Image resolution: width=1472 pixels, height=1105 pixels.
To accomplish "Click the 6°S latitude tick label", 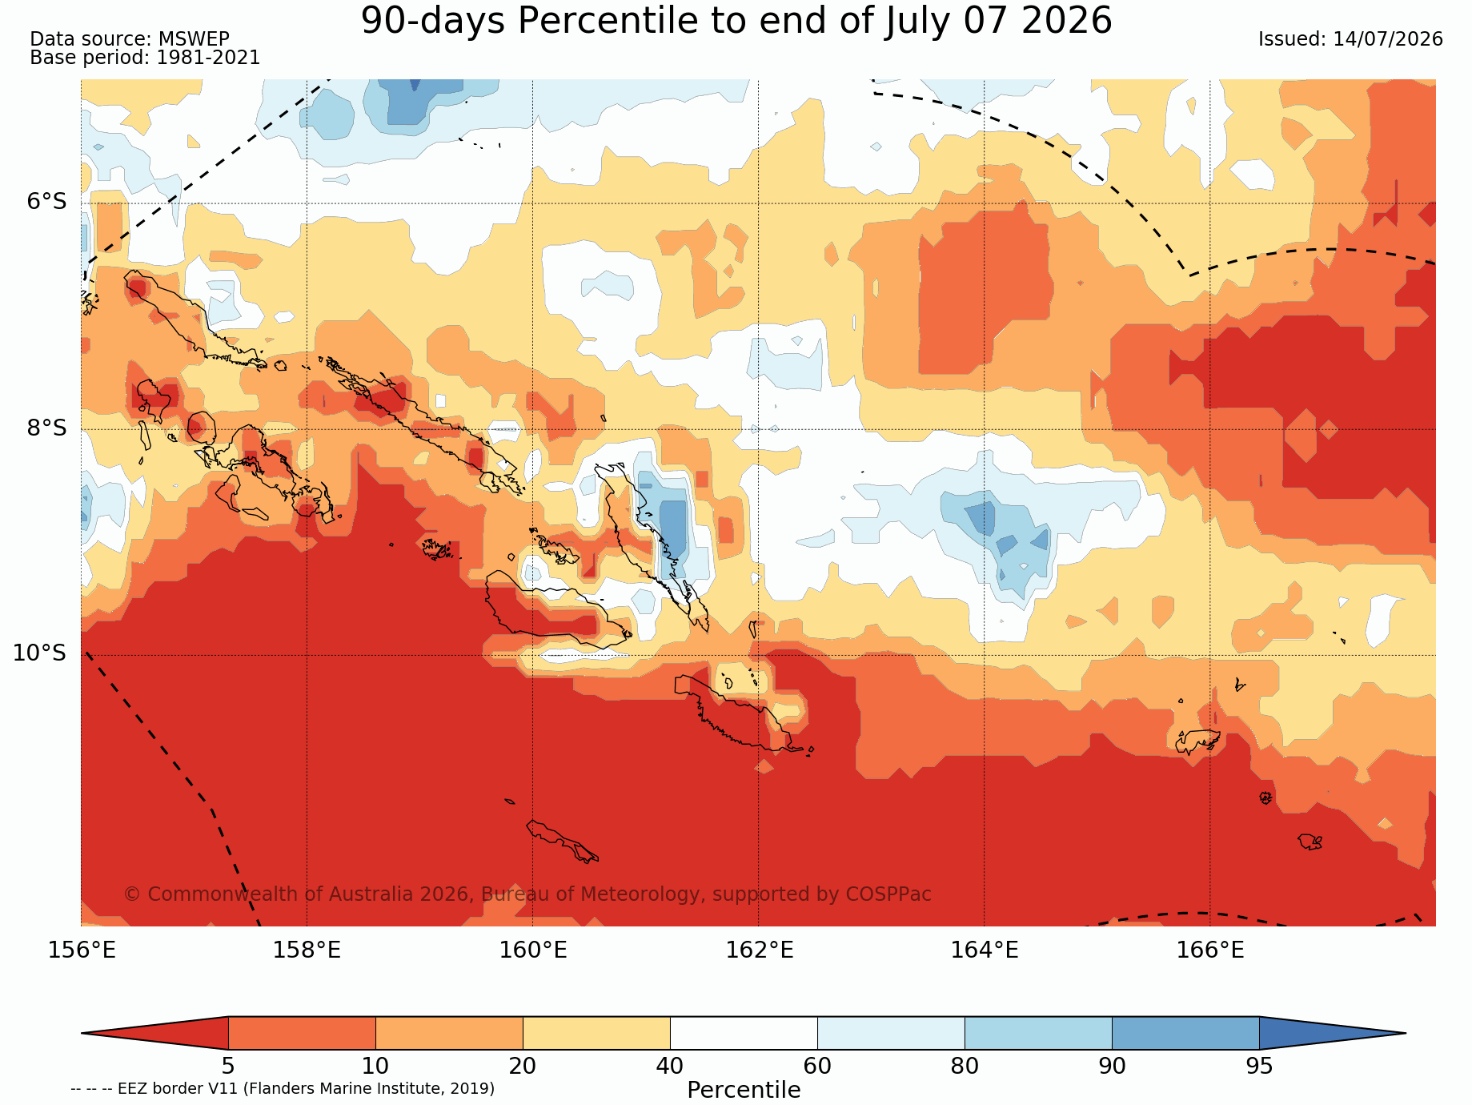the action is [x=47, y=202].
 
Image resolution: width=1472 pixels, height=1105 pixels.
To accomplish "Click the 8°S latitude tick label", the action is [x=47, y=428].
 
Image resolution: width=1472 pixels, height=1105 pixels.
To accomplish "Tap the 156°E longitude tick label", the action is [x=82, y=950].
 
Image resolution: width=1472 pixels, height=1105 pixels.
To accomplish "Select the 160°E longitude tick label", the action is [x=533, y=950].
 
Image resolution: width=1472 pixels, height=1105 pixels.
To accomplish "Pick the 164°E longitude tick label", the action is [x=985, y=950].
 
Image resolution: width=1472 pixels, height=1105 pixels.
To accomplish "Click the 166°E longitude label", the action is [x=1210, y=950].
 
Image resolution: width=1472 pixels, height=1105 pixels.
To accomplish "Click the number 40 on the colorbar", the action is [x=670, y=1067].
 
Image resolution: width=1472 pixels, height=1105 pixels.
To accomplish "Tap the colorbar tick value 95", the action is [x=1259, y=1067].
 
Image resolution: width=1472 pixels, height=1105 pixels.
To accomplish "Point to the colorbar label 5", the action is [x=228, y=1067].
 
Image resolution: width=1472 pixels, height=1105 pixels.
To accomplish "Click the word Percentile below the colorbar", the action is [x=744, y=1091].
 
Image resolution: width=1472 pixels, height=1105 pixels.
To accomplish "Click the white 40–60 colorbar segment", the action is [x=744, y=1033].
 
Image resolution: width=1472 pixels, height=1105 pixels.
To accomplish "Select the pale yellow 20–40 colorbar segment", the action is [x=596, y=1033].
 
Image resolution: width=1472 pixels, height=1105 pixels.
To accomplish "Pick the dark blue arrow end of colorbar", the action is [x=1333, y=1033].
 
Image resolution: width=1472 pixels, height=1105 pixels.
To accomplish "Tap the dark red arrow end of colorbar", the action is [x=154, y=1033].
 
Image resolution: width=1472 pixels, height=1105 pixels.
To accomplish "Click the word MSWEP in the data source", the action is [x=194, y=39].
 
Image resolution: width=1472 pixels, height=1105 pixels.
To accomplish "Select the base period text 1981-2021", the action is [x=208, y=58].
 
